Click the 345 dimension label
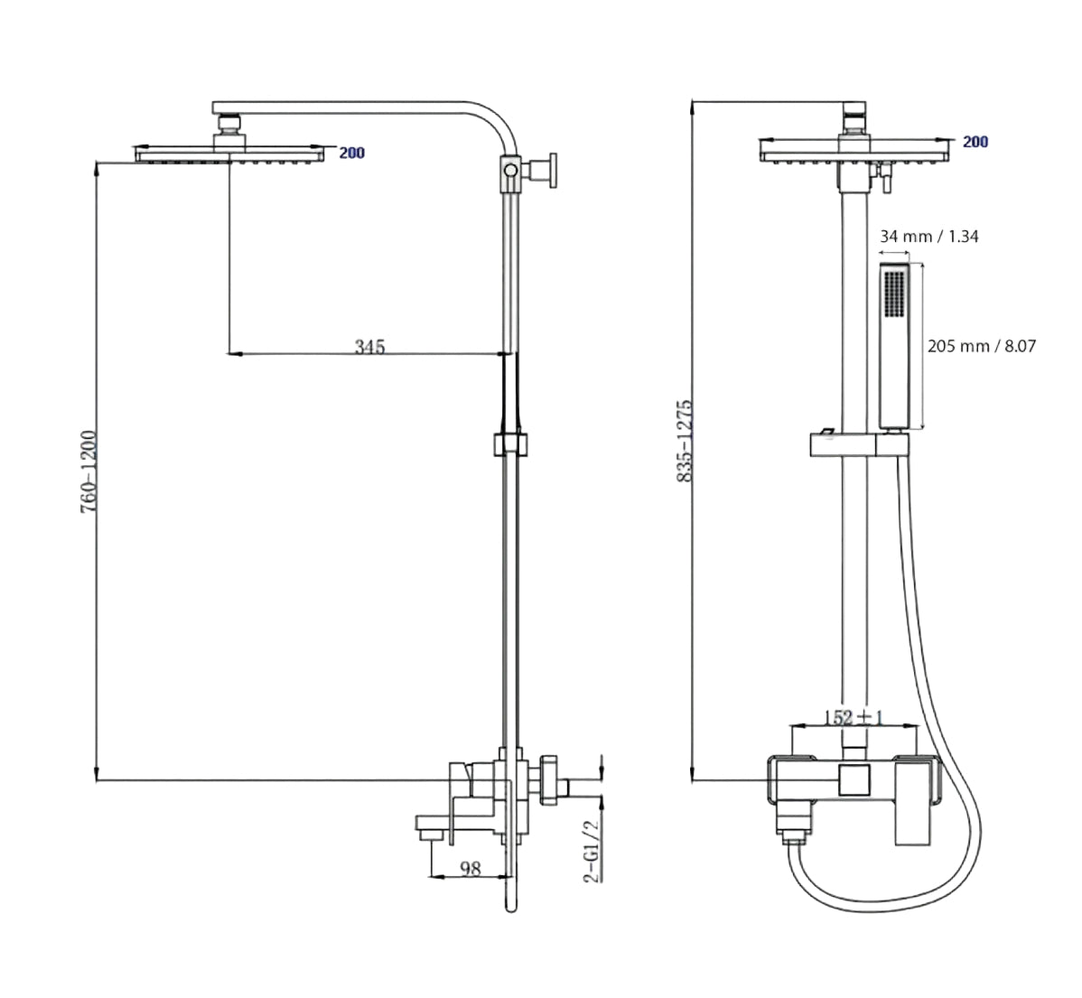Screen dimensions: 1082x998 (369, 346)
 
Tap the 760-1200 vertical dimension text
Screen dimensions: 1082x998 (89, 471)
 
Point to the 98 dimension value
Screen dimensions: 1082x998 (470, 868)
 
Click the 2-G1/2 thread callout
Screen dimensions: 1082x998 (592, 851)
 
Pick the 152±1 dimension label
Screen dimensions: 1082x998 (854, 717)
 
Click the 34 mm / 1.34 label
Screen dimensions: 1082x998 (928, 236)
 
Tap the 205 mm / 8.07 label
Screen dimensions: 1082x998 (981, 346)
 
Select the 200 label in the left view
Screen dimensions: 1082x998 (352, 153)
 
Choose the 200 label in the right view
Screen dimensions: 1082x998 (975, 142)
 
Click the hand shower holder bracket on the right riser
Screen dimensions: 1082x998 (859, 445)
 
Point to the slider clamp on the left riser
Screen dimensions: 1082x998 (510, 444)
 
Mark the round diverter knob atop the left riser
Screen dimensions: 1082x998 (510, 170)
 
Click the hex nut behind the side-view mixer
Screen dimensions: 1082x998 (551, 779)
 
